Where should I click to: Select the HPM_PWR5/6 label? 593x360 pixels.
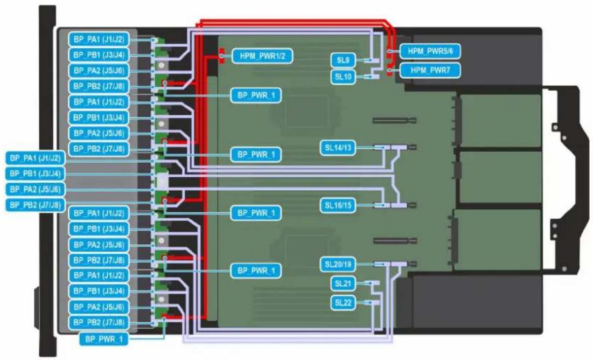tap(430, 51)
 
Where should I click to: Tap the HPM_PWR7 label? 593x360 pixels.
tap(430, 70)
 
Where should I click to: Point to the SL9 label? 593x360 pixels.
tap(343, 60)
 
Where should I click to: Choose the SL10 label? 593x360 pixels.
tap(343, 77)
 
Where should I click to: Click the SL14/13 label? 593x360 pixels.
tap(338, 148)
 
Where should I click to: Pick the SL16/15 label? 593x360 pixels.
tap(338, 205)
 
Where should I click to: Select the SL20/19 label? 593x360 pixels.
tap(338, 264)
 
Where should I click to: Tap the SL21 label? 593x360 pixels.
tap(343, 283)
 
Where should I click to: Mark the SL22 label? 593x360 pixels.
tap(343, 303)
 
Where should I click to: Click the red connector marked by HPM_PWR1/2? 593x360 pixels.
tap(221, 56)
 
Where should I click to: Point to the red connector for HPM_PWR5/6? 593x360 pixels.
tap(389, 51)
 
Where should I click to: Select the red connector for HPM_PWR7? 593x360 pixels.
tap(389, 71)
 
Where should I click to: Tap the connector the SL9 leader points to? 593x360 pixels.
tap(374, 60)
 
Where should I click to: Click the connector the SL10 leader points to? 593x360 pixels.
tap(374, 77)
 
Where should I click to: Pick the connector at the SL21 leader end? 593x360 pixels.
tap(375, 283)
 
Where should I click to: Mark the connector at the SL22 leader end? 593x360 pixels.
tap(375, 303)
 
